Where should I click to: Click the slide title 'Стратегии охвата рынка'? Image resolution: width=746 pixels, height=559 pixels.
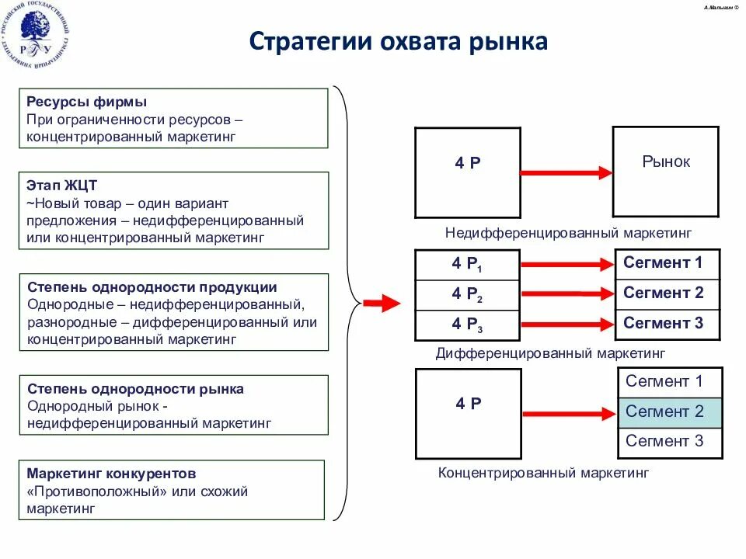(x=399, y=41)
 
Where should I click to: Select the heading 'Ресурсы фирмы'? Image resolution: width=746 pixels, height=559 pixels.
(x=87, y=102)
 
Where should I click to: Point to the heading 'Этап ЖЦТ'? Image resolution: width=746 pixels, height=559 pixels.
(x=62, y=186)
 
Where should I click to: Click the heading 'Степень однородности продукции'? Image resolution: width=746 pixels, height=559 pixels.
(x=152, y=287)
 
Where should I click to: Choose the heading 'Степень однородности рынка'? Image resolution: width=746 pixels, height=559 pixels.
(x=135, y=389)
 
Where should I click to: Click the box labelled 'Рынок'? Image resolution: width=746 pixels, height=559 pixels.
(x=666, y=171)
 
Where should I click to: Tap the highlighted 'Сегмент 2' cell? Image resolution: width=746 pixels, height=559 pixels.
(x=670, y=411)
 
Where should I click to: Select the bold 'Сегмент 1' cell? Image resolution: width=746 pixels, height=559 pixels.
(x=667, y=263)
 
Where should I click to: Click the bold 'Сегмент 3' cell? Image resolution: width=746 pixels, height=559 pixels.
(x=667, y=323)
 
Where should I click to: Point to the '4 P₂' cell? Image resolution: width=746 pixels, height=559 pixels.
(x=467, y=295)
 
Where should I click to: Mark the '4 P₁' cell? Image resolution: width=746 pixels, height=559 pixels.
(x=467, y=265)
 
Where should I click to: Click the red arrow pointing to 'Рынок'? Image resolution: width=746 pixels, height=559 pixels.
(x=566, y=172)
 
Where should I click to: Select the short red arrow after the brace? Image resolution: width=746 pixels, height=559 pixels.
(x=381, y=304)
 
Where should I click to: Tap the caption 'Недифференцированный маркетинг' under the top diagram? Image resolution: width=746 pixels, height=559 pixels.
(x=568, y=232)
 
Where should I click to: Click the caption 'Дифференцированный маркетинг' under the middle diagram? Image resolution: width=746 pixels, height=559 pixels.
(x=550, y=353)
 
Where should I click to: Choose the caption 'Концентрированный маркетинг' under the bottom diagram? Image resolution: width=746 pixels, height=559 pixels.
(x=543, y=472)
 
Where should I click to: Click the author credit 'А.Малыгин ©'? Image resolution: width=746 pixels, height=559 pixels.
(x=721, y=7)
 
